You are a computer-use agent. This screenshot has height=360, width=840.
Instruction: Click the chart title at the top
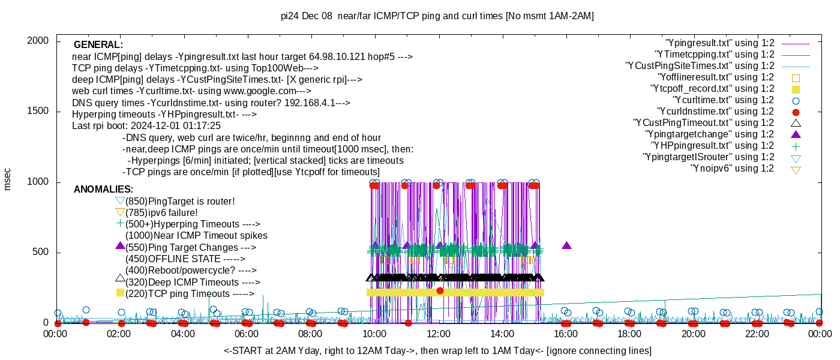point(437,16)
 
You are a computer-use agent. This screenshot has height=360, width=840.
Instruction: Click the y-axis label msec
point(7,179)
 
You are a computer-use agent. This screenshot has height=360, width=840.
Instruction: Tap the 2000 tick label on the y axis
point(38,41)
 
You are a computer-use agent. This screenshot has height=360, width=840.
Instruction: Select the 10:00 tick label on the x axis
point(374,334)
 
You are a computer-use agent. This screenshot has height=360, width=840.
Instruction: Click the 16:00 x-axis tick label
point(566,334)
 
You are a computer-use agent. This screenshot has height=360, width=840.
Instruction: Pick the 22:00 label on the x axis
point(757,334)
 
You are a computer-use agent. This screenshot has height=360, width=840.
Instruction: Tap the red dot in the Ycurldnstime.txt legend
point(796,112)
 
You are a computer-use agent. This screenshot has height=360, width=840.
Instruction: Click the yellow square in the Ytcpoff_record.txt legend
point(796,89)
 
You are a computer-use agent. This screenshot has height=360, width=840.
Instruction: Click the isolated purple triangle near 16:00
point(566,245)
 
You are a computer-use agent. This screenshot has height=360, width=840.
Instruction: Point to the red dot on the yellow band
point(440,290)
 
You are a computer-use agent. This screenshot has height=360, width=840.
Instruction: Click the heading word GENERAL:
point(98,44)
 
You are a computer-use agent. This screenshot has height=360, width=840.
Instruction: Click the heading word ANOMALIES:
point(103,189)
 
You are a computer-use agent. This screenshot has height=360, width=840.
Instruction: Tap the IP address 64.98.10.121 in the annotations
point(337,56)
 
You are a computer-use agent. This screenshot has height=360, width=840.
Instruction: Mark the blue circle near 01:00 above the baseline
point(86,310)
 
